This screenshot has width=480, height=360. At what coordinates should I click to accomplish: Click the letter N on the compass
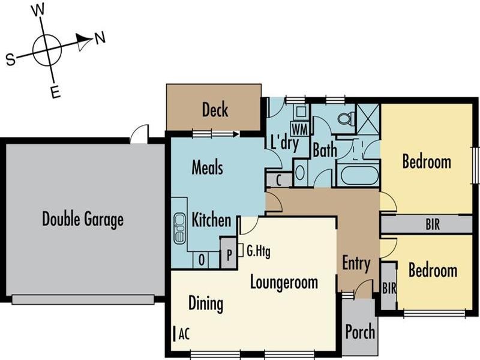pos(100,38)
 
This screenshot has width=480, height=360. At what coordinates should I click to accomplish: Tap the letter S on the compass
pos(10,59)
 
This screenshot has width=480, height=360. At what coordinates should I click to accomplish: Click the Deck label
pos(215,110)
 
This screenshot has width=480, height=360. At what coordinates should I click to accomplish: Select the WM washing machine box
pos(299,129)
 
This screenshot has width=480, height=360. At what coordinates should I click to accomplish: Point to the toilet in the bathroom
pos(346,118)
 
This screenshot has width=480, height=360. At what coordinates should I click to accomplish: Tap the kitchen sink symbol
pos(179,229)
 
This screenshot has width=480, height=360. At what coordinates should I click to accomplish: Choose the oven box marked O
pos(202,260)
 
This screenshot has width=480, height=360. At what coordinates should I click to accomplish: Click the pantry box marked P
pos(229,253)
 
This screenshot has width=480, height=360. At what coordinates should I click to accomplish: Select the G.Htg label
pos(259,251)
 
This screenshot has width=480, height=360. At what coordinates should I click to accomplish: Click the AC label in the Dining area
pos(184,334)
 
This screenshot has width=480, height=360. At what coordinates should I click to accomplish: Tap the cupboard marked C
pos(279,180)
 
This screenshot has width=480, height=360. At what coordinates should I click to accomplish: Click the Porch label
pos(360,332)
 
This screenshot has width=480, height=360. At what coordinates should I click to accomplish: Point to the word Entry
pos(356,263)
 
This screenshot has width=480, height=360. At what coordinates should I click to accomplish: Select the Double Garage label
pos(83,219)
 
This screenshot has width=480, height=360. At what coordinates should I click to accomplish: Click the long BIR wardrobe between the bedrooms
pos(427,224)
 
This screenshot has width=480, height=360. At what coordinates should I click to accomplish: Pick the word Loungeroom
pos(284,282)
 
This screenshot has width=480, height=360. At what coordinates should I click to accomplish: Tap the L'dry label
pos(284,143)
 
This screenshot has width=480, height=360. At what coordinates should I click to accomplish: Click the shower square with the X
pos(368,119)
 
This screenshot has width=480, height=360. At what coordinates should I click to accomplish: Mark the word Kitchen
pos(211,220)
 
